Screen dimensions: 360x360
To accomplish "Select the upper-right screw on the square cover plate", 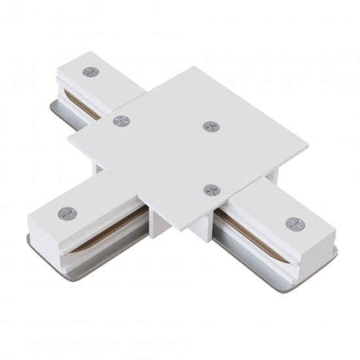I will pyautogui.click(x=209, y=126).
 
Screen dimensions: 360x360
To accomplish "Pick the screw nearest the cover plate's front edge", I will pyautogui.click(x=209, y=190).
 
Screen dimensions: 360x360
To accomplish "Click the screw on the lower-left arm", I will pyautogui.click(x=65, y=213).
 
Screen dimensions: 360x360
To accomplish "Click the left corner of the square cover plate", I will pyautogui.click(x=68, y=138).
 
